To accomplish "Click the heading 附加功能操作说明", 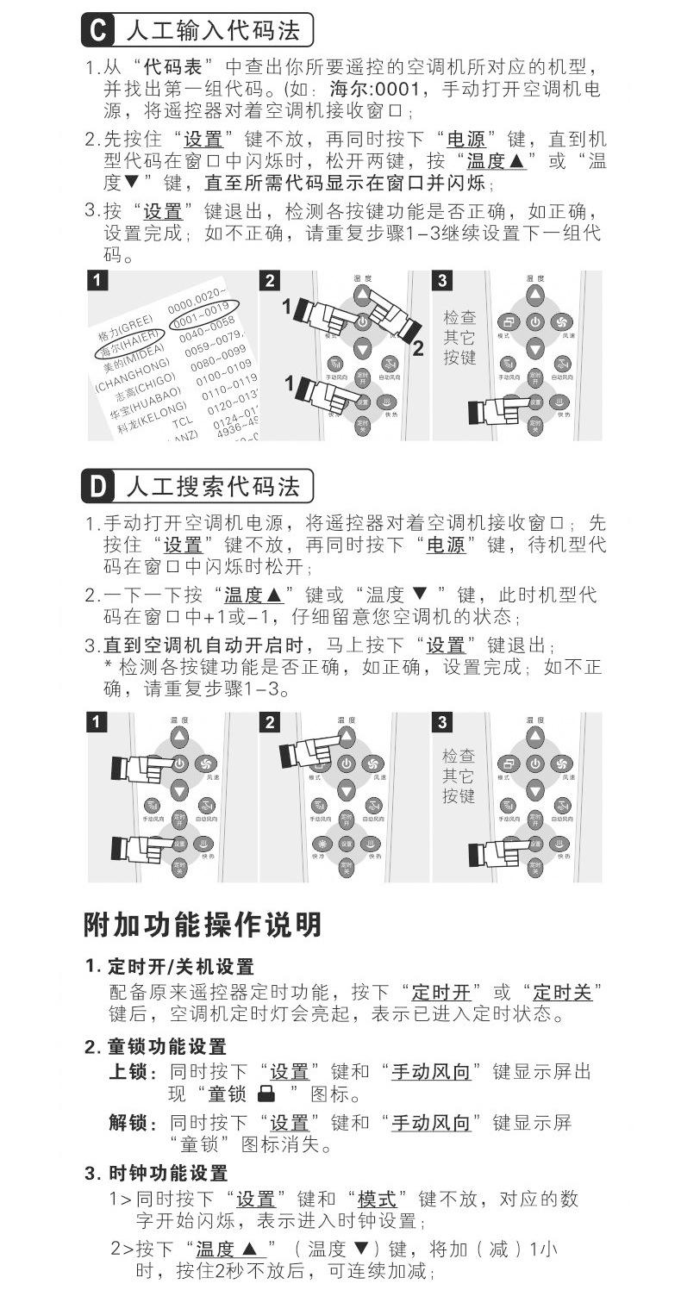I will pyautogui.click(x=203, y=925).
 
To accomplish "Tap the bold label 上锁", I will pyautogui.click(x=127, y=1072).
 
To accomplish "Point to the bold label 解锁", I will pyautogui.click(x=127, y=1123).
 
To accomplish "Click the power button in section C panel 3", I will pyautogui.click(x=535, y=321).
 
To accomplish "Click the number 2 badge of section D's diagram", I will pyautogui.click(x=270, y=722).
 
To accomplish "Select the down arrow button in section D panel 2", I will pyautogui.click(x=346, y=789).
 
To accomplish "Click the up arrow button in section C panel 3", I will pyautogui.click(x=535, y=295).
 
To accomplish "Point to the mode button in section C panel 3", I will pyautogui.click(x=509, y=321).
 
